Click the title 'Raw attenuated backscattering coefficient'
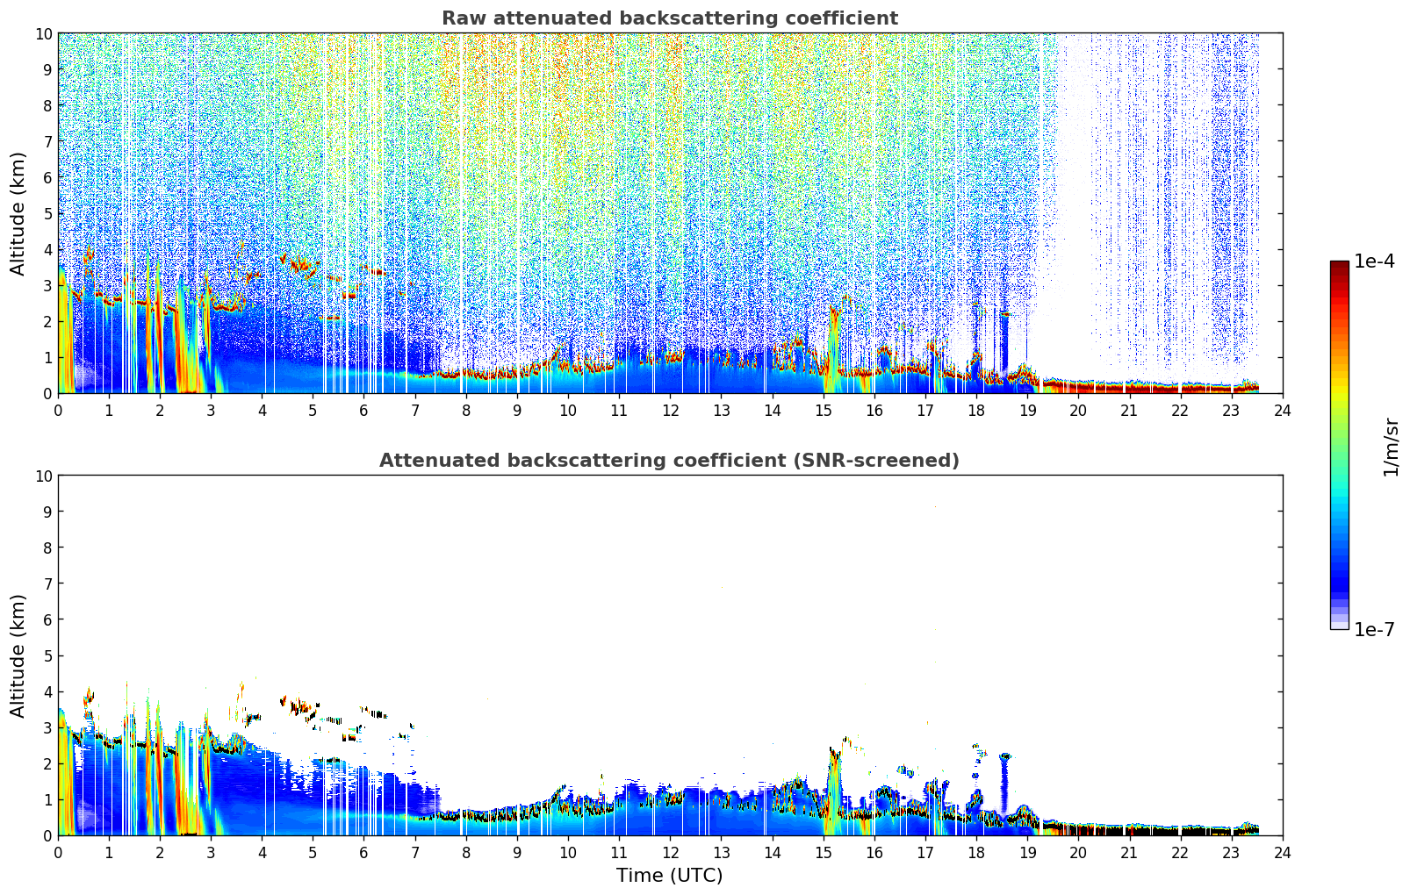coord(670,18)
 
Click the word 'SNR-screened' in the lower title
coord(872,461)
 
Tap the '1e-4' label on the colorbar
coord(1374,261)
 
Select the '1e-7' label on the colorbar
coord(1374,629)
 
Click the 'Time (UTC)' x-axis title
coord(669,876)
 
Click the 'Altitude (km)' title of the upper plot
coord(17,214)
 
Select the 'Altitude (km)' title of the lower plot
coord(17,656)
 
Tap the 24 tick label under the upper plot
coord(1282,411)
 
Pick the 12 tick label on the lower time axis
coord(671,853)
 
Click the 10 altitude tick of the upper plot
coord(43,34)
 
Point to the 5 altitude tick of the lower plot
coord(47,656)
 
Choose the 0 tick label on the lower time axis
coord(59,853)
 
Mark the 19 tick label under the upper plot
coord(1027,411)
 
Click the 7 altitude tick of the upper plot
coord(47,141)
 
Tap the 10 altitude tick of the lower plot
coord(43,476)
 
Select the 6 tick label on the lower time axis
coord(363,853)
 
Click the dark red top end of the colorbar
coord(1340,263)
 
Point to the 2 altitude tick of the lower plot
coord(47,764)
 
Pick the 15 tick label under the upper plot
coord(824,411)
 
